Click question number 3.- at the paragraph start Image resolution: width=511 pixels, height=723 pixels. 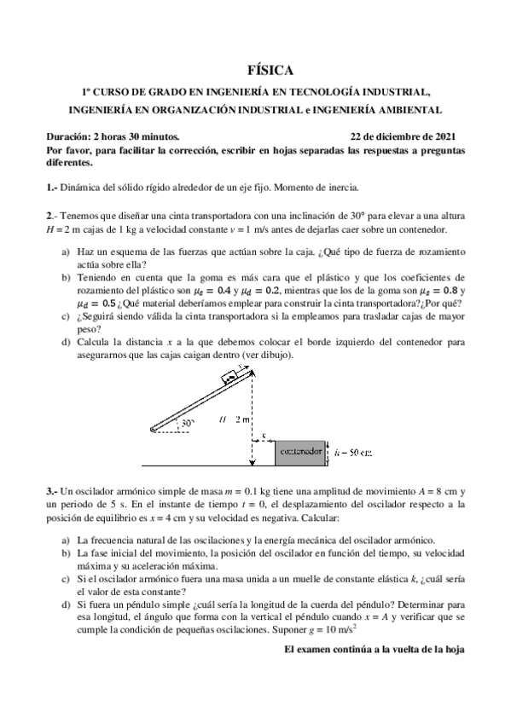pos(51,492)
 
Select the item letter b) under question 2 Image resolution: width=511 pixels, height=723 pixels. pos(66,277)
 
